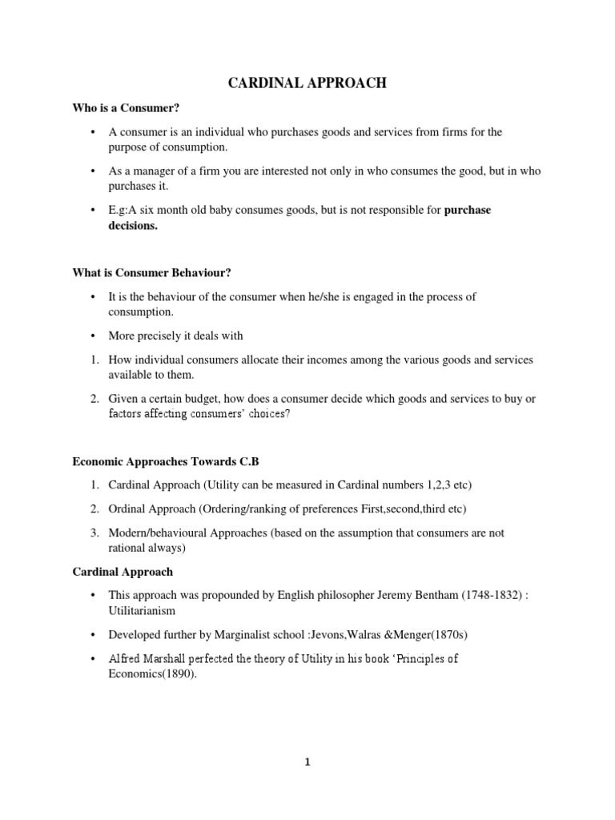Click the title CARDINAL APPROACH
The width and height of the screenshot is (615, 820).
coord(307,83)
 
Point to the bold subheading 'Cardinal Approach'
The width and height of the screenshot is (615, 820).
coord(123,573)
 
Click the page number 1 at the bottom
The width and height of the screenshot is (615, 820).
coord(307,762)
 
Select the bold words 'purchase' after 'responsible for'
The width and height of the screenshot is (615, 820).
coord(467,211)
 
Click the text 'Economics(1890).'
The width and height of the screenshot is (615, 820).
coord(151,673)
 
